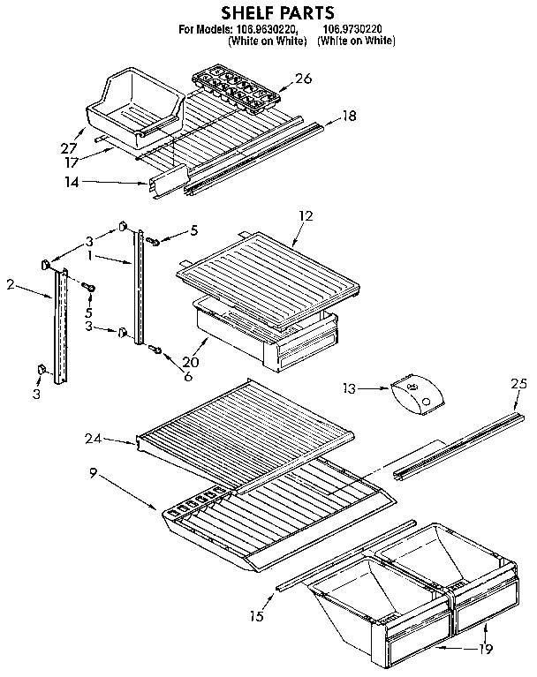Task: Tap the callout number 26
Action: coord(303,79)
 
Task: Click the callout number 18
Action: coord(349,115)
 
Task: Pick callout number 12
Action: coord(306,214)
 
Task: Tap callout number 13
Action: coord(351,386)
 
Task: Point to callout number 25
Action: coord(518,382)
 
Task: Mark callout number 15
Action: coord(256,616)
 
